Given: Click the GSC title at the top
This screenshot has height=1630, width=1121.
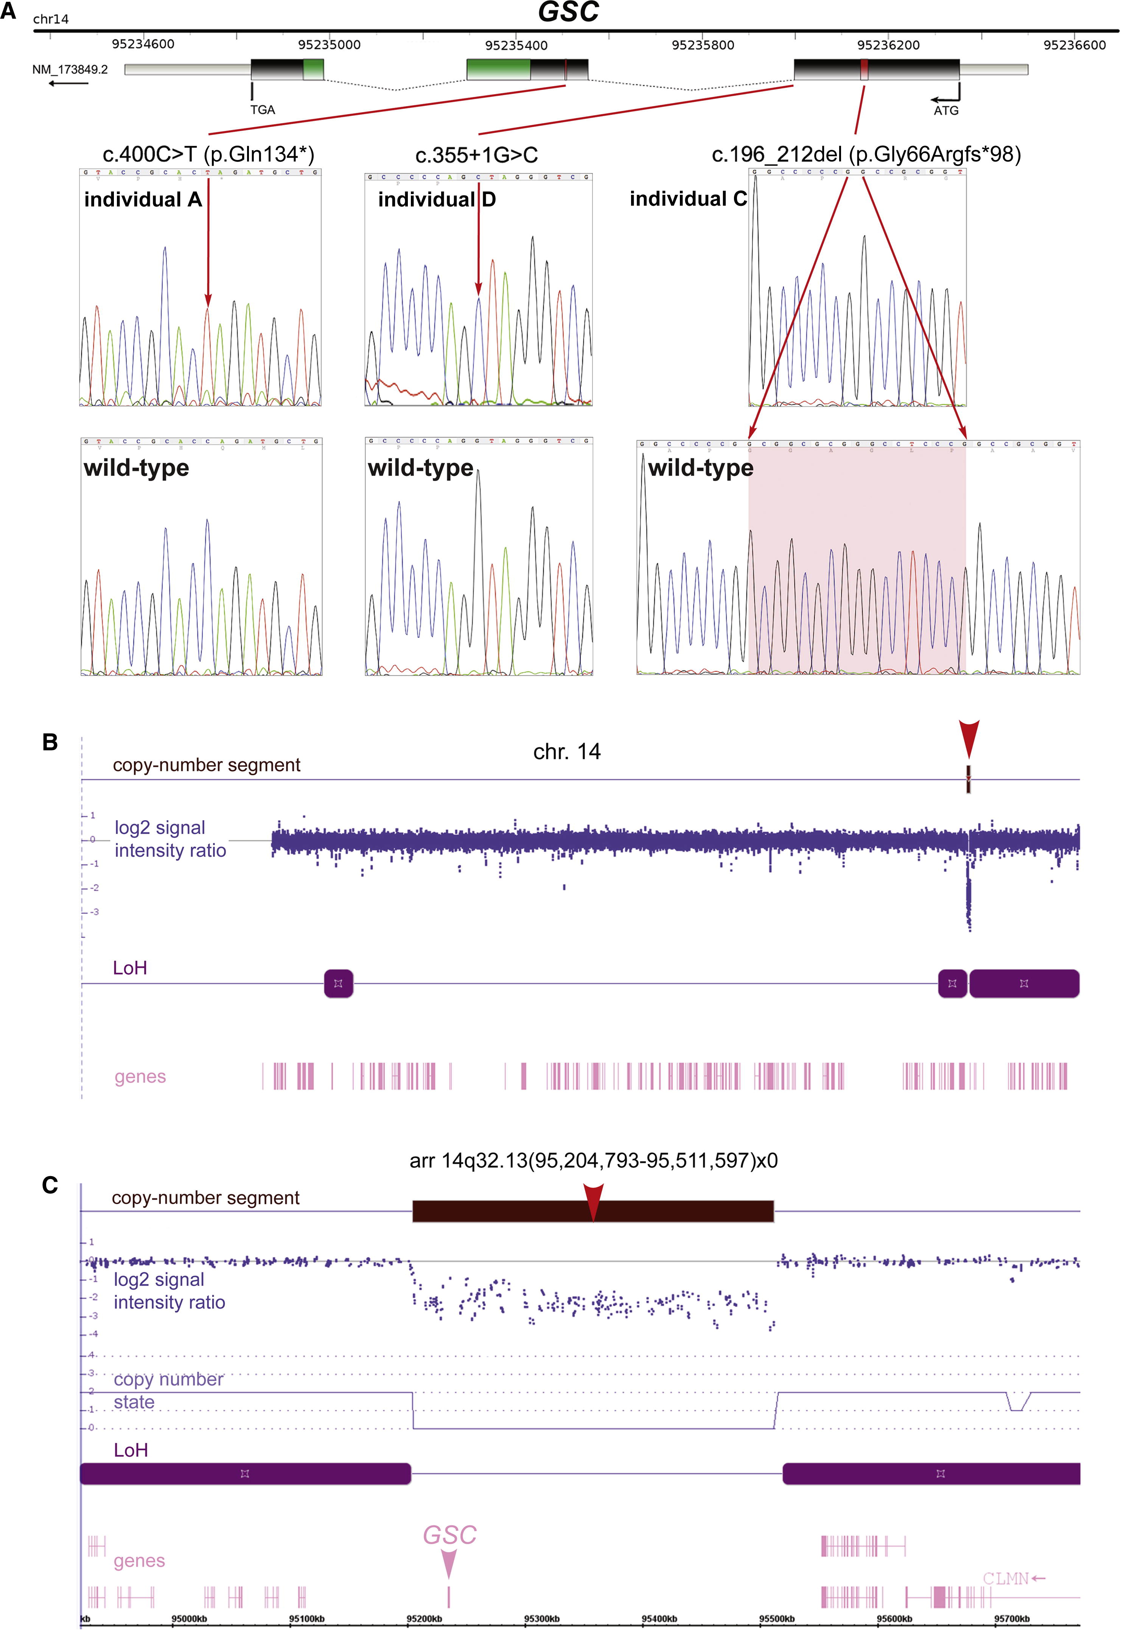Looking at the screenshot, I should [x=567, y=12].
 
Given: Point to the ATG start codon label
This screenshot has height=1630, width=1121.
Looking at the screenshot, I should [x=945, y=110].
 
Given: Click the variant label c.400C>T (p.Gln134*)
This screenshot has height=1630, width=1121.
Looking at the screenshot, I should [x=208, y=154].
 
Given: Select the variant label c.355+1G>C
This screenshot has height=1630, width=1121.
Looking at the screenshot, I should [x=476, y=155].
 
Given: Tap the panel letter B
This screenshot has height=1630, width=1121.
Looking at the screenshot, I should [x=50, y=742].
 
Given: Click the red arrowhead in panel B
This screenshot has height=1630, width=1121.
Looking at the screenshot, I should [x=969, y=737].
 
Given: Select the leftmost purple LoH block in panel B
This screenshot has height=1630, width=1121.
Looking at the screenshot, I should [x=339, y=983].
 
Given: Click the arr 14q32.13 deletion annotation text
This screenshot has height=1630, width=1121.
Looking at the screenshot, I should [x=594, y=1160].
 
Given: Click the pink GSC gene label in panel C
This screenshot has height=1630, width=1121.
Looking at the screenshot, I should [x=449, y=1535].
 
